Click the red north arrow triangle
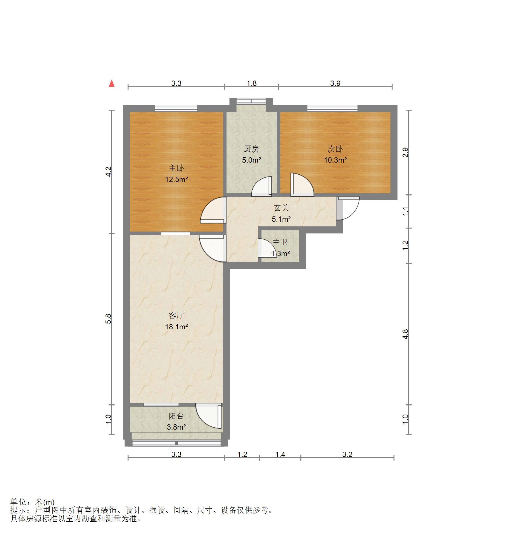click(112, 84)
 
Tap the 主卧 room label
click(176, 168)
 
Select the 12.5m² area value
click(176, 179)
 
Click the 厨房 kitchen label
click(251, 149)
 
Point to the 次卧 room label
click(335, 149)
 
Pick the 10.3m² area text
click(335, 160)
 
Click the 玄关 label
click(281, 208)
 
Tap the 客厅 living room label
click(176, 316)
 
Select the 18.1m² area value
click(176, 327)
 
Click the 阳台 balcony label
click(176, 416)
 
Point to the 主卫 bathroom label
click(280, 242)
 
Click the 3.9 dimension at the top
click(335, 83)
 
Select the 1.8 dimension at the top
click(252, 83)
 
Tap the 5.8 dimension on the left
click(108, 319)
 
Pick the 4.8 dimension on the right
click(405, 334)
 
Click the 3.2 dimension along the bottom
click(347, 455)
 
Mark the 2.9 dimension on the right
click(405, 152)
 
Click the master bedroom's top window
click(176, 108)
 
